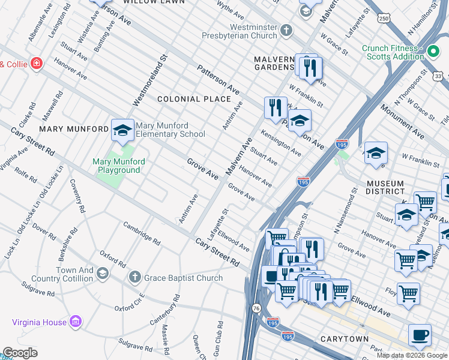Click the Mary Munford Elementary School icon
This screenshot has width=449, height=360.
coord(122,130)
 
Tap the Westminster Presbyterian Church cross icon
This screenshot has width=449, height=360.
coord(287,29)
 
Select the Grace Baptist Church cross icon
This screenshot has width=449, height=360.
coord(135,277)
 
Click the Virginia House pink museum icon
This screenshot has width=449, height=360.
coord(75,322)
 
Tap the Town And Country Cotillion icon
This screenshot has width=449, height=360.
coord(103,274)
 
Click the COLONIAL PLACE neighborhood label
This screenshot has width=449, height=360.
coord(194,99)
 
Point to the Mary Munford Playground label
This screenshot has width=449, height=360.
coord(116,166)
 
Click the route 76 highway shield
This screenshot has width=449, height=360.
coord(256,308)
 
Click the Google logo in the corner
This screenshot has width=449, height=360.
coord(20,353)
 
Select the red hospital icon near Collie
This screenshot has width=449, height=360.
coord(37,64)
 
